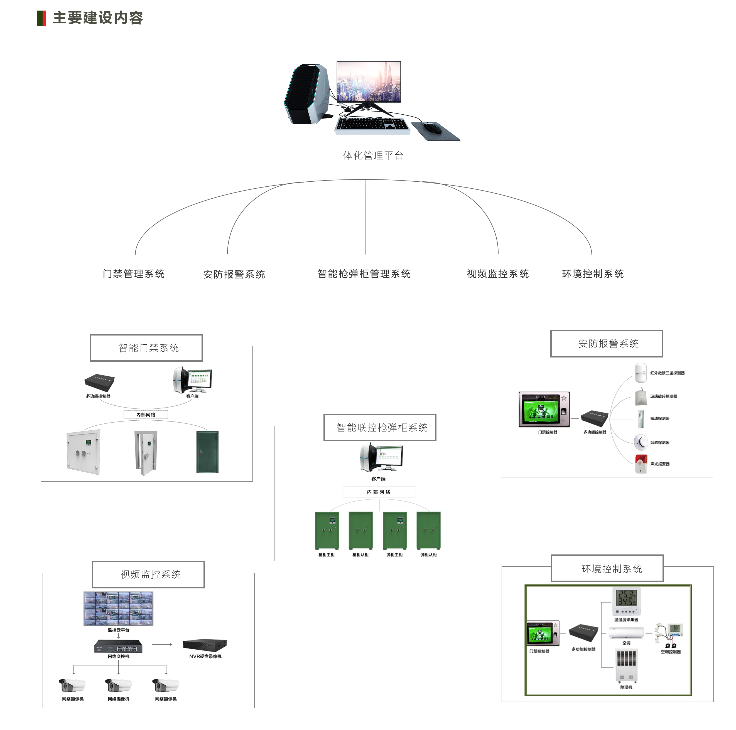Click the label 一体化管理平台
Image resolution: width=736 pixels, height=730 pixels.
(x=368, y=155)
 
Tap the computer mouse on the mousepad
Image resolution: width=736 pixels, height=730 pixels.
(x=432, y=128)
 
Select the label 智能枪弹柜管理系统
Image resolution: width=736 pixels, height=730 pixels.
(x=364, y=274)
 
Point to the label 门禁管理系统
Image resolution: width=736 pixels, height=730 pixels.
(x=134, y=274)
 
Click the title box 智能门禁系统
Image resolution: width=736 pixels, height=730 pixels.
(x=147, y=348)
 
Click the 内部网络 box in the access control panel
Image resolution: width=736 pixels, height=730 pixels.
(x=146, y=415)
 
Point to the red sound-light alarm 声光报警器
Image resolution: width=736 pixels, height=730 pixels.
(x=641, y=464)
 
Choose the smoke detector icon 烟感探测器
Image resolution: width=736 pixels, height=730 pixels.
(x=641, y=442)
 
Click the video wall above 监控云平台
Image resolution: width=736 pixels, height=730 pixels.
(x=119, y=608)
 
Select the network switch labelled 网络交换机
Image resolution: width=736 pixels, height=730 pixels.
(x=119, y=646)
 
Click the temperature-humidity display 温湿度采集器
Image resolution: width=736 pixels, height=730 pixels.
(x=626, y=601)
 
